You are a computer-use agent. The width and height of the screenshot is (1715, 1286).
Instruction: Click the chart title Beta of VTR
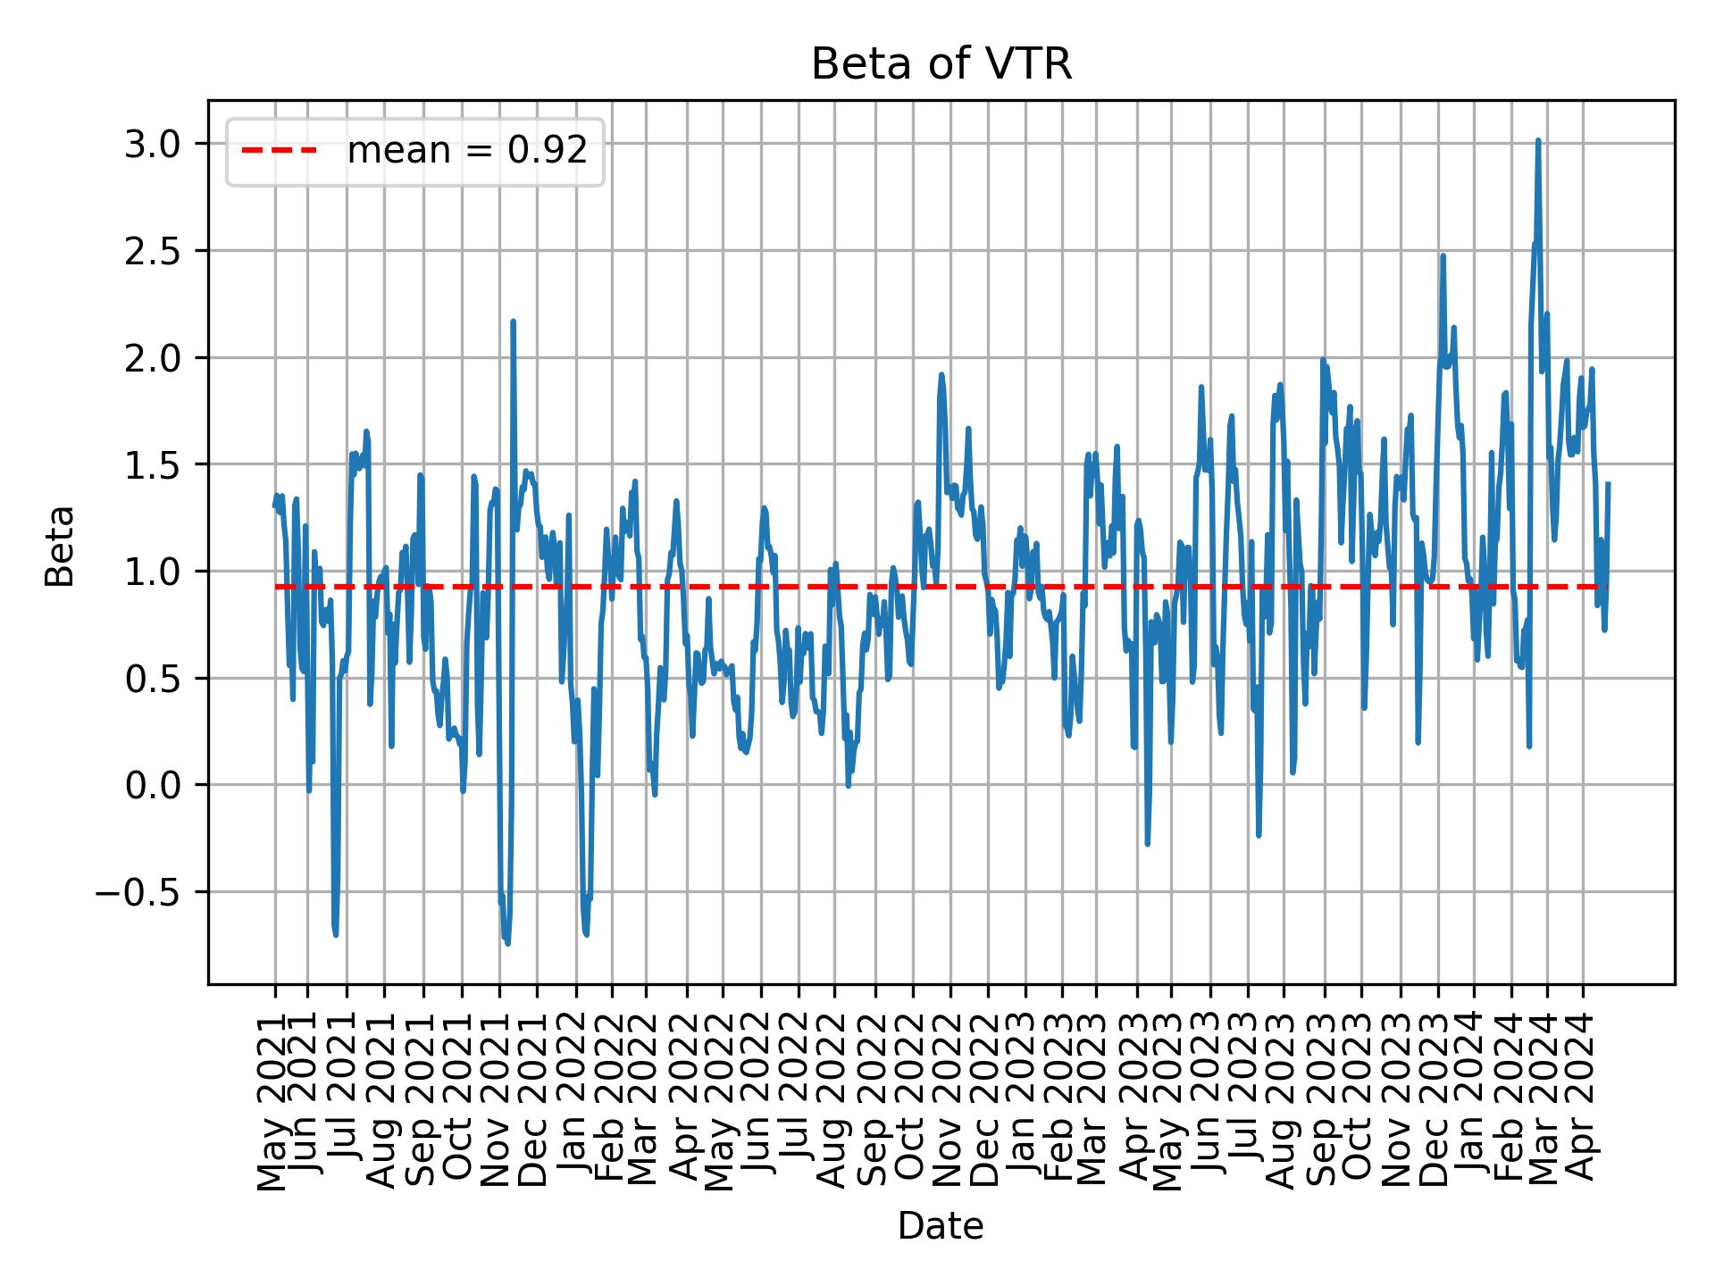click(x=941, y=65)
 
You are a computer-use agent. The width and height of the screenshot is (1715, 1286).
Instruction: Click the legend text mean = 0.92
click(x=467, y=151)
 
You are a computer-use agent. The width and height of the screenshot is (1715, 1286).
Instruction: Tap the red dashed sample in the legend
click(x=280, y=151)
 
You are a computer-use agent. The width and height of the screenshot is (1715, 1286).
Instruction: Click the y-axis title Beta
click(x=60, y=546)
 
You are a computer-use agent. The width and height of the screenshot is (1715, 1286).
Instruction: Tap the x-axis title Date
click(x=941, y=1227)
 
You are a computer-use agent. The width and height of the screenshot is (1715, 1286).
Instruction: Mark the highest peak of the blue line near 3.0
click(x=1537, y=140)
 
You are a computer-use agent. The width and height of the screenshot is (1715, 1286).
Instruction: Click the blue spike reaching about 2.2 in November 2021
click(x=513, y=321)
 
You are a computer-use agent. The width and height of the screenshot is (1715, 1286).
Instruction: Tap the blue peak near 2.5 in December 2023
click(x=1443, y=256)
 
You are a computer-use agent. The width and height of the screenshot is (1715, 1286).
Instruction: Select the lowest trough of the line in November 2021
click(x=507, y=943)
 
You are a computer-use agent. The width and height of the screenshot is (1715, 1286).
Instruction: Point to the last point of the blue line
click(x=1608, y=483)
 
